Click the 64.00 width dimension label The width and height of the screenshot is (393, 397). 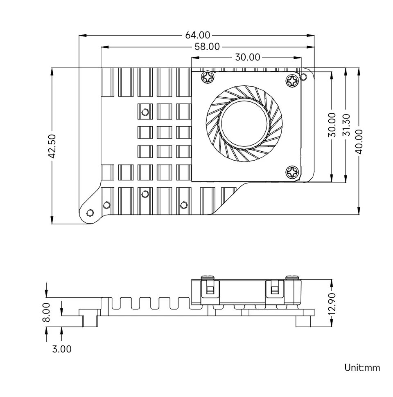pos(198,36)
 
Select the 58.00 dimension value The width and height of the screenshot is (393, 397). pos(207,47)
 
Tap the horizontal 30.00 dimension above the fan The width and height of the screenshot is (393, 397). pos(247,57)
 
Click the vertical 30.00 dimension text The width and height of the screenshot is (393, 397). pos(332,125)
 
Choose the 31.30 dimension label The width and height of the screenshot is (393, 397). pos(346,125)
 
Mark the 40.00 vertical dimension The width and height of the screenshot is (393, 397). pos(359,141)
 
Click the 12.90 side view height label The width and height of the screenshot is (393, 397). pos(332,304)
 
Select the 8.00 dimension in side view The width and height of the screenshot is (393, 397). pos(46,312)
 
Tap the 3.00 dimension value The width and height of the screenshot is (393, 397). pos(62,349)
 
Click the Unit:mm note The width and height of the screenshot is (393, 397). pos(362,367)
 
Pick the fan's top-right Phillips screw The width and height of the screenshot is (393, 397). pos(293,80)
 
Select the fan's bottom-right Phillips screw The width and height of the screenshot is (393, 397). pos(293,172)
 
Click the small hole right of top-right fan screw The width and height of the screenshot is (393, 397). pos(304,76)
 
